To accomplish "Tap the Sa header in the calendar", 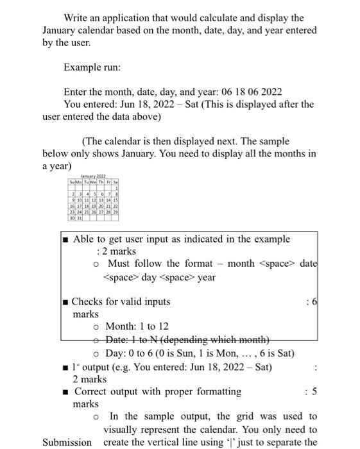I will click(x=116, y=182).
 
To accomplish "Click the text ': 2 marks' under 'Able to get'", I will click(x=116, y=251).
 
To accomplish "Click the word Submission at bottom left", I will click(x=67, y=442).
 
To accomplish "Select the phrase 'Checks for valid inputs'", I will click(x=121, y=301).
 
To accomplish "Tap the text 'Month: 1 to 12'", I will click(x=137, y=326).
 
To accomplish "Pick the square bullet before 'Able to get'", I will click(x=66, y=239).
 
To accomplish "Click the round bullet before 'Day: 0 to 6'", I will click(x=96, y=353).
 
